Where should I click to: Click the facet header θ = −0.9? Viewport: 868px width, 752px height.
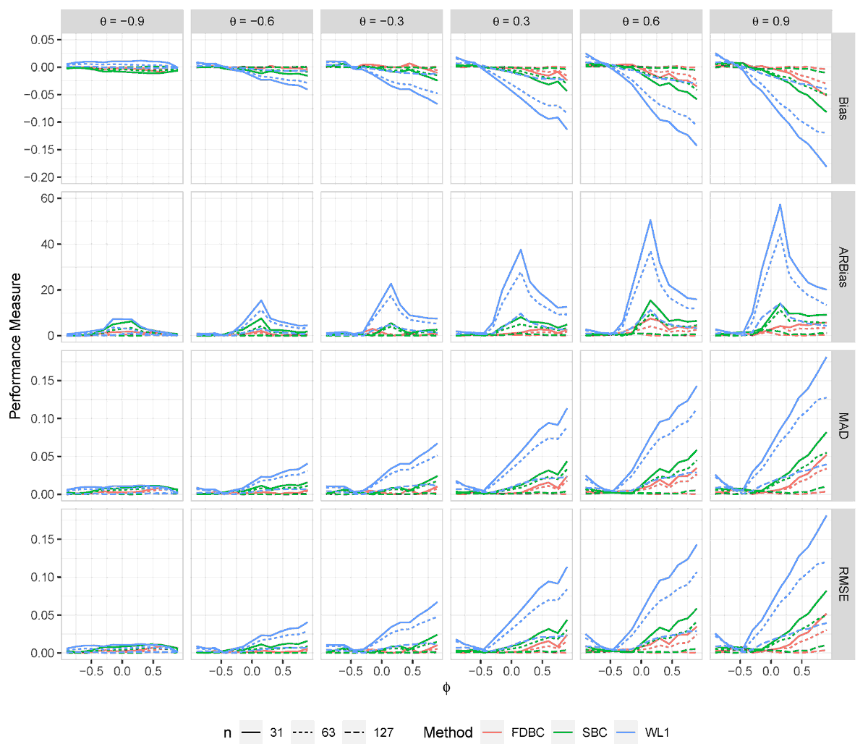coord(122,22)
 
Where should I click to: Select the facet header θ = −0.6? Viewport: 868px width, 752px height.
coord(252,22)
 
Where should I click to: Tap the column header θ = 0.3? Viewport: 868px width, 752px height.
coord(511,22)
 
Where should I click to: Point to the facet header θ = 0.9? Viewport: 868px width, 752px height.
coord(771,22)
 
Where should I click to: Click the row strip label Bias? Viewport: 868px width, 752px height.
coord(843,109)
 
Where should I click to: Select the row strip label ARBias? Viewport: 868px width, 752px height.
coord(843,267)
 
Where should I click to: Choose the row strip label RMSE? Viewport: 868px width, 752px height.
coord(843,584)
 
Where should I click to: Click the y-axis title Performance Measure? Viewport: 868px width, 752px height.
coord(15,346)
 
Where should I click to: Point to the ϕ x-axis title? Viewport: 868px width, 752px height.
coord(446,688)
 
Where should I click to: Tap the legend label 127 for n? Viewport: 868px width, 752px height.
coord(383,732)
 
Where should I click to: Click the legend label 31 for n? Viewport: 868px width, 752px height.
coord(276,732)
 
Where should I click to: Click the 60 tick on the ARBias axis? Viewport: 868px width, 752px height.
coord(46,198)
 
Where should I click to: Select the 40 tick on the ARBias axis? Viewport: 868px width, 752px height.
coord(46,244)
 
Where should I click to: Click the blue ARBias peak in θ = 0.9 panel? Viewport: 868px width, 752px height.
coord(780,205)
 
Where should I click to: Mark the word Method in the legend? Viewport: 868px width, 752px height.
coord(448,732)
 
